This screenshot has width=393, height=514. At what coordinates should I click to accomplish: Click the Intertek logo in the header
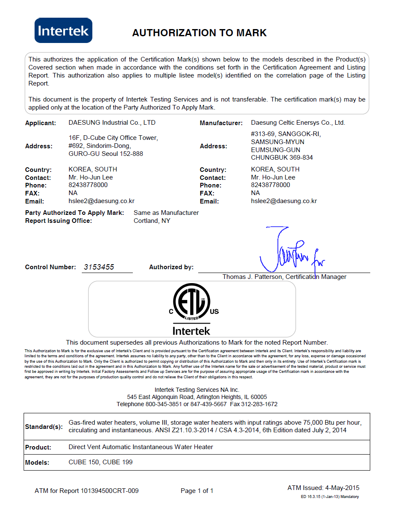63,30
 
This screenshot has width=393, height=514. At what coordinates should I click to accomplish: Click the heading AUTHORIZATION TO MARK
199,33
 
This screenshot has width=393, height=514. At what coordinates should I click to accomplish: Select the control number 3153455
99,267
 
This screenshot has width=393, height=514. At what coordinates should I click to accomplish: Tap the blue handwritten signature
287,253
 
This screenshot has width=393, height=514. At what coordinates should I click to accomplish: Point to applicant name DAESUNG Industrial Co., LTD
112,123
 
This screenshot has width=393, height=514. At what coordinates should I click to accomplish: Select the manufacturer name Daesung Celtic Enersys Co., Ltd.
298,123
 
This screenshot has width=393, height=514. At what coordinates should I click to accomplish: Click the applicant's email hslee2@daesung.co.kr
101,201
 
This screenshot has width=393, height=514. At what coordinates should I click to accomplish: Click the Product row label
38,447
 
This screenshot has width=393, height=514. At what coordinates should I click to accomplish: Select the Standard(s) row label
44,427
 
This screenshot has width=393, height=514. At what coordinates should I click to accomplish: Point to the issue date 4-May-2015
342,488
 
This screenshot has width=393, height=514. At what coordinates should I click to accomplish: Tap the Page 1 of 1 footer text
197,491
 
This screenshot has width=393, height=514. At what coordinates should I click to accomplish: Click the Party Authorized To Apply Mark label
75,213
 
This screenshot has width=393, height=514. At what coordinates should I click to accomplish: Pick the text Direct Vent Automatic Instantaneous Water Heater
141,447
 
